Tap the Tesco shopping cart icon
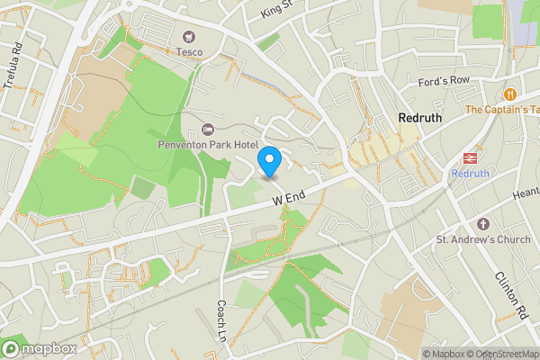189,37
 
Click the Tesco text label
189,52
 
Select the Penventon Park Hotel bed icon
209,130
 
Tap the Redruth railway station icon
470,157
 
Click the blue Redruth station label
470,174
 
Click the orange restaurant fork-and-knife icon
510,94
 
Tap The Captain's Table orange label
502,110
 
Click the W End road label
291,195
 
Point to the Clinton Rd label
509,295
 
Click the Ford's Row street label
445,81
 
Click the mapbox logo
40,348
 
